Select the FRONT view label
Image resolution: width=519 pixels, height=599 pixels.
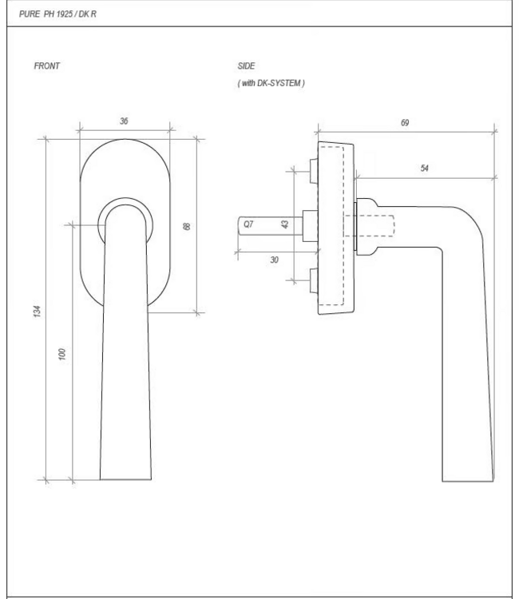[46, 66]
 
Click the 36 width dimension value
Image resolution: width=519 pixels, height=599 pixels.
[124, 121]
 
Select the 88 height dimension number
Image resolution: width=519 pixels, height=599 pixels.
[187, 227]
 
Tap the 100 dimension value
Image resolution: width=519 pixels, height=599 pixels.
[63, 354]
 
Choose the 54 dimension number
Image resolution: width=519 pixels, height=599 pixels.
[425, 169]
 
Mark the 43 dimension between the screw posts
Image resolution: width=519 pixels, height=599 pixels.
[285, 224]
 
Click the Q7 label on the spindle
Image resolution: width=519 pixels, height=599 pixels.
[248, 224]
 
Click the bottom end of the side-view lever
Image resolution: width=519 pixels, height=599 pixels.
[467, 478]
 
